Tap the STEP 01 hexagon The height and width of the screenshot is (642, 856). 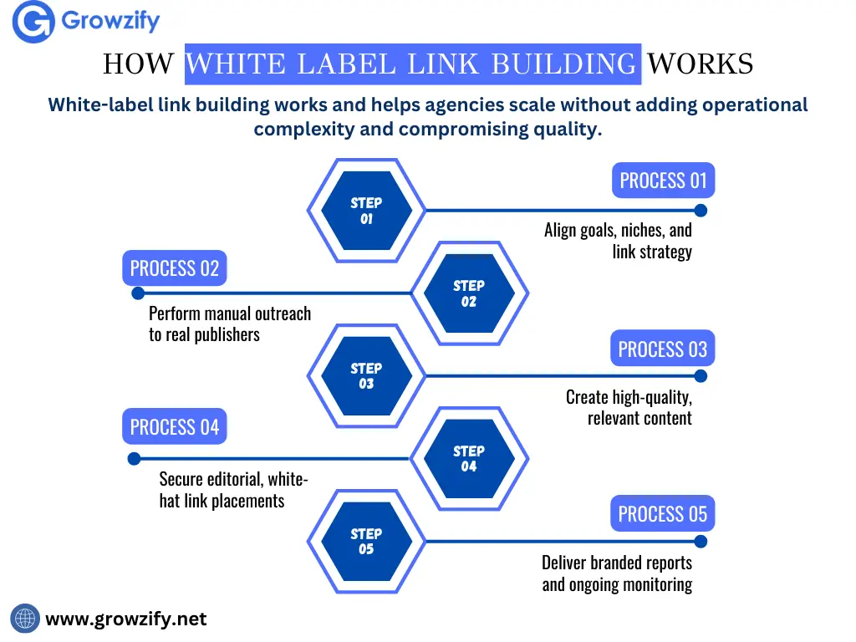tap(366, 211)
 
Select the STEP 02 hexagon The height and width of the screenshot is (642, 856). tap(469, 293)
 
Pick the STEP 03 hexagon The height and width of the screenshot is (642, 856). tap(366, 376)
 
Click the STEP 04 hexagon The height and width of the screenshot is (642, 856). tap(469, 459)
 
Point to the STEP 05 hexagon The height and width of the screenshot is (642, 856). tap(366, 541)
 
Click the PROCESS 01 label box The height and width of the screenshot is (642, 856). tap(663, 181)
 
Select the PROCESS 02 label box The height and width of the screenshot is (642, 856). tap(175, 268)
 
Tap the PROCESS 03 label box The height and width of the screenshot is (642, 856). tap(662, 349)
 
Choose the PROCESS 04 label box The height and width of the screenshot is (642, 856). tap(175, 427)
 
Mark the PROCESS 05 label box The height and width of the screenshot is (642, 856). tap(662, 514)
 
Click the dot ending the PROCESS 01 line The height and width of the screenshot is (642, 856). tap(701, 211)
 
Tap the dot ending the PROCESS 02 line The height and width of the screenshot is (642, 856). tap(138, 293)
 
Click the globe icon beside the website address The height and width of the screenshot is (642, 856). tap(25, 619)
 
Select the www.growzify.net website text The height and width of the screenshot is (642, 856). tap(125, 619)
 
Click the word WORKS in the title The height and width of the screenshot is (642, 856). tap(701, 64)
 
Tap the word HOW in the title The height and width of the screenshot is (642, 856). tap(139, 64)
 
